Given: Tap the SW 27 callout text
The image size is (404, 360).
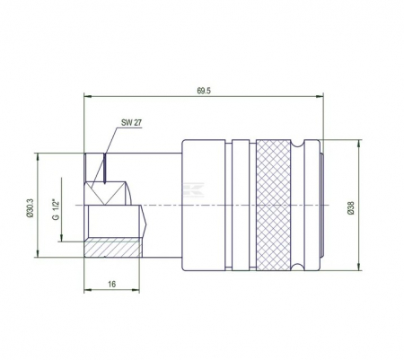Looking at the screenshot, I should coord(132,123).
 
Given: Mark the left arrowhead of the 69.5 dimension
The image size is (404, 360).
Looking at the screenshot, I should coord(87,98).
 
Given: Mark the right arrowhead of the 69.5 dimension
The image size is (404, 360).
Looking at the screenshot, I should coord(320,98).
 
